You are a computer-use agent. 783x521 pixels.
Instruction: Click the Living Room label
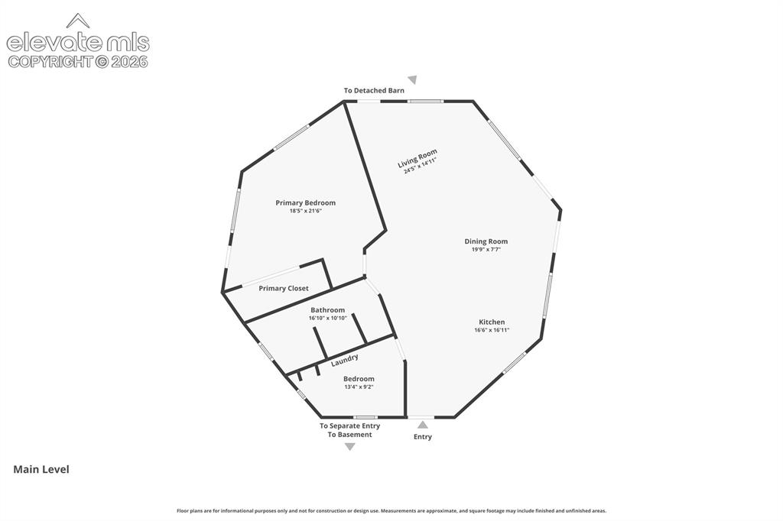click(417, 157)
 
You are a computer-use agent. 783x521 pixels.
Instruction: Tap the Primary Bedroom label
click(306, 202)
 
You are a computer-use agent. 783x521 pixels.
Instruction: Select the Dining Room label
click(486, 241)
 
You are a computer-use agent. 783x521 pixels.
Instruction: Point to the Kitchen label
click(492, 322)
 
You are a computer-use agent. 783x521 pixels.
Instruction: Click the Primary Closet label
click(284, 288)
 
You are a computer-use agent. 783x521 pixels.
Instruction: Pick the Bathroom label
click(327, 310)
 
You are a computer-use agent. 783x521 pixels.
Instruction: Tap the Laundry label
click(345, 360)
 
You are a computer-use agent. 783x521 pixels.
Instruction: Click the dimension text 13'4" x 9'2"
click(359, 387)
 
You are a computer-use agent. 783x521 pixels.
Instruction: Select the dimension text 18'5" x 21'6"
click(306, 211)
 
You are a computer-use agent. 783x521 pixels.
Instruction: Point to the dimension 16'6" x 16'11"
click(492, 330)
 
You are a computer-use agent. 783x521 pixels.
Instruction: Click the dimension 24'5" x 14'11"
click(420, 165)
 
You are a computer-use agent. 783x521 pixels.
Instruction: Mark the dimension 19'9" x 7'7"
click(486, 249)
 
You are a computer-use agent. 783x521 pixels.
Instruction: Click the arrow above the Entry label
click(423, 425)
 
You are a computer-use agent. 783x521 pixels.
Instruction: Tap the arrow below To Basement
click(350, 447)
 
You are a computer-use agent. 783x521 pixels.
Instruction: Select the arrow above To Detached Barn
click(412, 80)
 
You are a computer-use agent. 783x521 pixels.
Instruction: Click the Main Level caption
click(41, 469)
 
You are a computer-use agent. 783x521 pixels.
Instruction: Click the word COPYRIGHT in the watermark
click(50, 61)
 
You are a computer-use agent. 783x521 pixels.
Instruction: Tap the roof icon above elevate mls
click(78, 21)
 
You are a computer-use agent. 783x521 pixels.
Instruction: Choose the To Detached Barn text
click(374, 90)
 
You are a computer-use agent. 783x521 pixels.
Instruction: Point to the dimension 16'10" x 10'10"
click(327, 318)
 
